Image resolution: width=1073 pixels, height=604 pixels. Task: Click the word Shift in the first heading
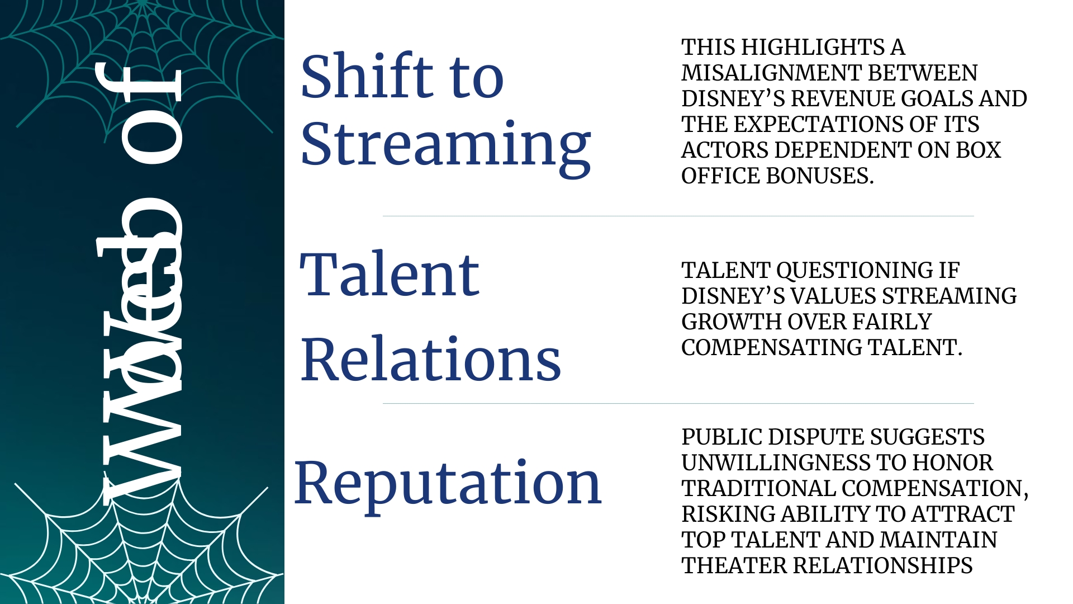click(366, 76)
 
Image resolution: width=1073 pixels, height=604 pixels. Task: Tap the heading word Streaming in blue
click(445, 144)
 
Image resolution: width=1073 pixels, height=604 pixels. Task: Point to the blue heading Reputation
click(448, 482)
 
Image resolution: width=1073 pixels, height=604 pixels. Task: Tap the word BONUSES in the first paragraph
click(819, 176)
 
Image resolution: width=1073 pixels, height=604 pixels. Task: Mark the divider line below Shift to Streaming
click(678, 216)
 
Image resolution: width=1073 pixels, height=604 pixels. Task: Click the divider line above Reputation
click(678, 403)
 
